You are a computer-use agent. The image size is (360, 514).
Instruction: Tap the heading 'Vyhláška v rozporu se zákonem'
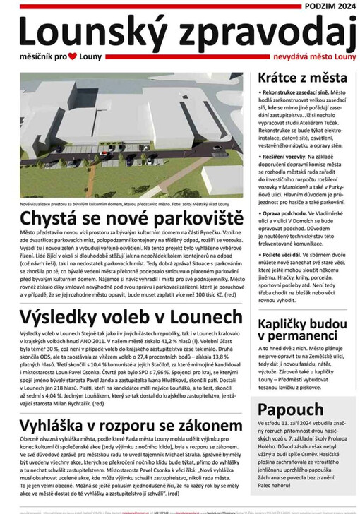tap(132, 426)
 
